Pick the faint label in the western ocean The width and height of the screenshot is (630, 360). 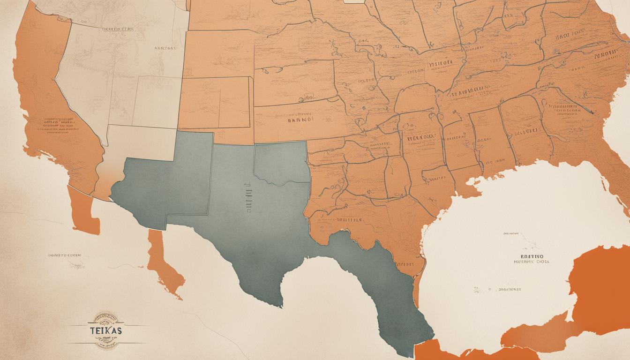(x=65, y=255)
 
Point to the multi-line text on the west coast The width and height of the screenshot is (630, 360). (x=59, y=123)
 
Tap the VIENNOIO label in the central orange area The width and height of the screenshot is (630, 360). (x=419, y=139)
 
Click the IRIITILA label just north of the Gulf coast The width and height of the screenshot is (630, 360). (x=347, y=219)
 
